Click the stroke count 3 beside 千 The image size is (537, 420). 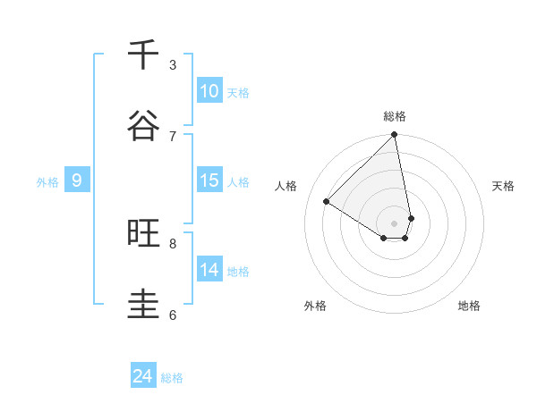[x=173, y=64]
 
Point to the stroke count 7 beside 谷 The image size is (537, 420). [x=173, y=136]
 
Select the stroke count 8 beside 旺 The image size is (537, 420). [x=173, y=243]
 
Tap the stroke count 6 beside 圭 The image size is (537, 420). [x=173, y=315]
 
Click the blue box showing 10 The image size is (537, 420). [x=209, y=91]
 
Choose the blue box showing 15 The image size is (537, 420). [x=209, y=181]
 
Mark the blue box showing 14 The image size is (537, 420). [x=209, y=270]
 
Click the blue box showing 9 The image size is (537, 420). [x=77, y=181]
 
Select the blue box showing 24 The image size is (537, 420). [x=143, y=377]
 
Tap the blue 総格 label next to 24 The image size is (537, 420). [x=172, y=378]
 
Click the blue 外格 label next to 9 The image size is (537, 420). [x=47, y=181]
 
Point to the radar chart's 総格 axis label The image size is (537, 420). [x=395, y=116]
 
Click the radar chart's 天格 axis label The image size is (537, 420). [x=503, y=186]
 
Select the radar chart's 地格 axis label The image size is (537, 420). [x=469, y=306]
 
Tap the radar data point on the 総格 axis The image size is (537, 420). [x=395, y=136]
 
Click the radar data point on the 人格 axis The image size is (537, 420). [x=327, y=202]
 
